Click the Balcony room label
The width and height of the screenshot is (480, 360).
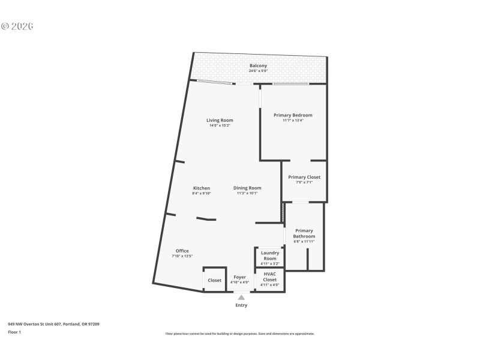[258, 65]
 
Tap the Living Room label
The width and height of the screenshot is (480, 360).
[220, 120]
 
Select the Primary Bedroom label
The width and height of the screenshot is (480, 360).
[293, 115]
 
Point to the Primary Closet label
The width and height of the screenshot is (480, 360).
[304, 177]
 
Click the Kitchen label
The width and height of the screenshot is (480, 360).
[201, 188]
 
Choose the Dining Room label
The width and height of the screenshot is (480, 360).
[247, 188]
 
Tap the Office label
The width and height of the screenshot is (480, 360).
[182, 251]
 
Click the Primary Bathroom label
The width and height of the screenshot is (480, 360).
[304, 233]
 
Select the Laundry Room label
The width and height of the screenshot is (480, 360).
[270, 256]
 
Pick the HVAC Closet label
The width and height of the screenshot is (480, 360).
[270, 277]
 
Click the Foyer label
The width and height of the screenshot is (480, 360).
[239, 277]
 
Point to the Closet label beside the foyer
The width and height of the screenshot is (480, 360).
[214, 280]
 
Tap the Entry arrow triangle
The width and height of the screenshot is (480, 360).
[241, 297]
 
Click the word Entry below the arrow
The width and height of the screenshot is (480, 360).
[241, 305]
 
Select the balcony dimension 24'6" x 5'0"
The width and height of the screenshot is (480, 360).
[258, 71]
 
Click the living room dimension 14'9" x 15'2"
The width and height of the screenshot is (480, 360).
[220, 125]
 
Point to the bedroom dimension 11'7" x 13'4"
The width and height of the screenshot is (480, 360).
[293, 121]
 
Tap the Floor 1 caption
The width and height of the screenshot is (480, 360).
[14, 332]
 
